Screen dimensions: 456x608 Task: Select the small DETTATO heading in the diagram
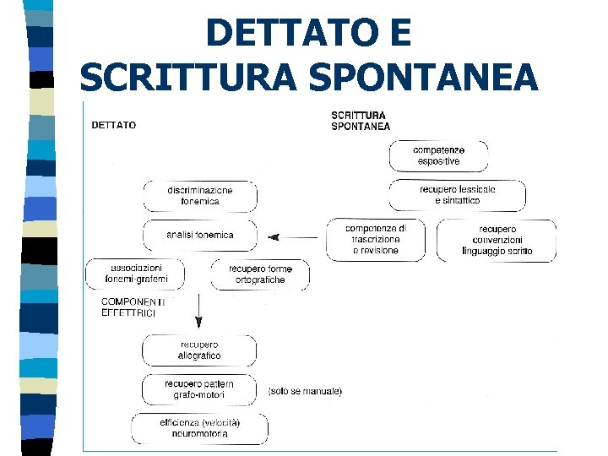113,126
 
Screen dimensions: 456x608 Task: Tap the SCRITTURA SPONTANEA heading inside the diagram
361,121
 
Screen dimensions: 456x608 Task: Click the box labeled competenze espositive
437,155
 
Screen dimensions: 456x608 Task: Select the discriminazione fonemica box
200,196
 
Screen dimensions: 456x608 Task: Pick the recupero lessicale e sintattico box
457,195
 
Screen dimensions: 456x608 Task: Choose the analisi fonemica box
200,235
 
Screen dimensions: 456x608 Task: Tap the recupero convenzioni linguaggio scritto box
497,240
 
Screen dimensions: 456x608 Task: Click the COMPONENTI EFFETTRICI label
133,307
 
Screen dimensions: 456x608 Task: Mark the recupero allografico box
199,350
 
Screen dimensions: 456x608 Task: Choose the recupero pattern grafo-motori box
198,389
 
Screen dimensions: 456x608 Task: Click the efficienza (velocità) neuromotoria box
199,428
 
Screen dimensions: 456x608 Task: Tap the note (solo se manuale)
305,392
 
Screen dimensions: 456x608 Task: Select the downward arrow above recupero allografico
198,310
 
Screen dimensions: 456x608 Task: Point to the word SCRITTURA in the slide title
189,79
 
